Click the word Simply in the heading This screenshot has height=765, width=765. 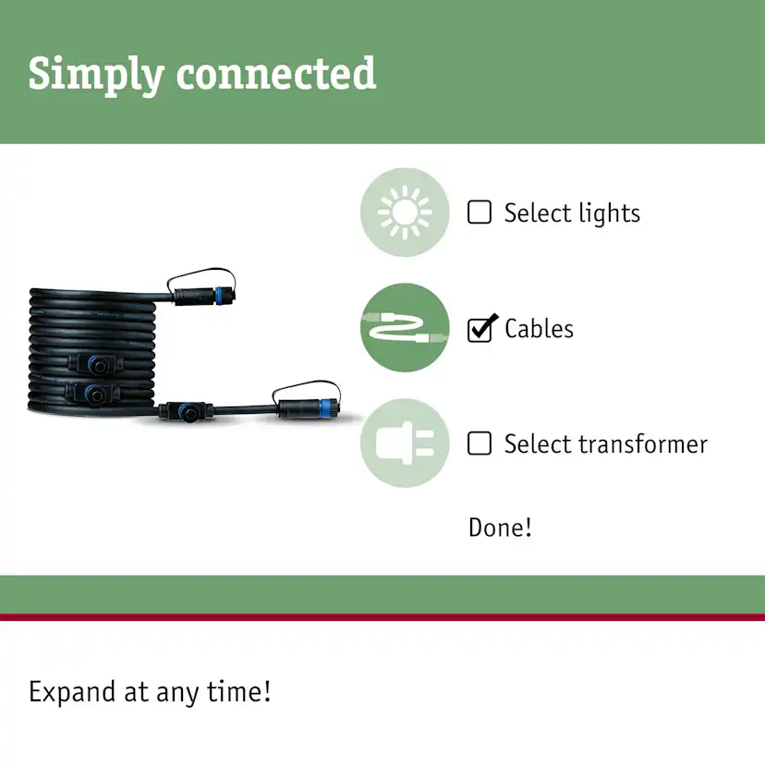point(96,74)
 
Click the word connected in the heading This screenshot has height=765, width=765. point(276,73)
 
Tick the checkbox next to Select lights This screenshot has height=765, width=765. point(480,212)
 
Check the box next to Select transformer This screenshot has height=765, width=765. point(480,443)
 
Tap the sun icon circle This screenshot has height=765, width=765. point(405,212)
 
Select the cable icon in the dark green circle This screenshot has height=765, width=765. point(405,327)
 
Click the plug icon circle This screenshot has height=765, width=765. point(405,443)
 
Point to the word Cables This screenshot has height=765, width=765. point(540,328)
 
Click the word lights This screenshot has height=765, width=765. point(610,213)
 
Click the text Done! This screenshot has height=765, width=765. point(500,528)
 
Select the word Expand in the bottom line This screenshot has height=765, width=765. point(72,692)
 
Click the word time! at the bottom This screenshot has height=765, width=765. point(238,691)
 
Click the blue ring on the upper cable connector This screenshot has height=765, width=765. point(219,296)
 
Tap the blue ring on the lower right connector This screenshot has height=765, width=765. point(325,407)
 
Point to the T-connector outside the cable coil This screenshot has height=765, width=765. point(186,412)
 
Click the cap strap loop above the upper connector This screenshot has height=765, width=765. point(201,275)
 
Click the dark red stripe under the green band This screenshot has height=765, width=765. point(382,617)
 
